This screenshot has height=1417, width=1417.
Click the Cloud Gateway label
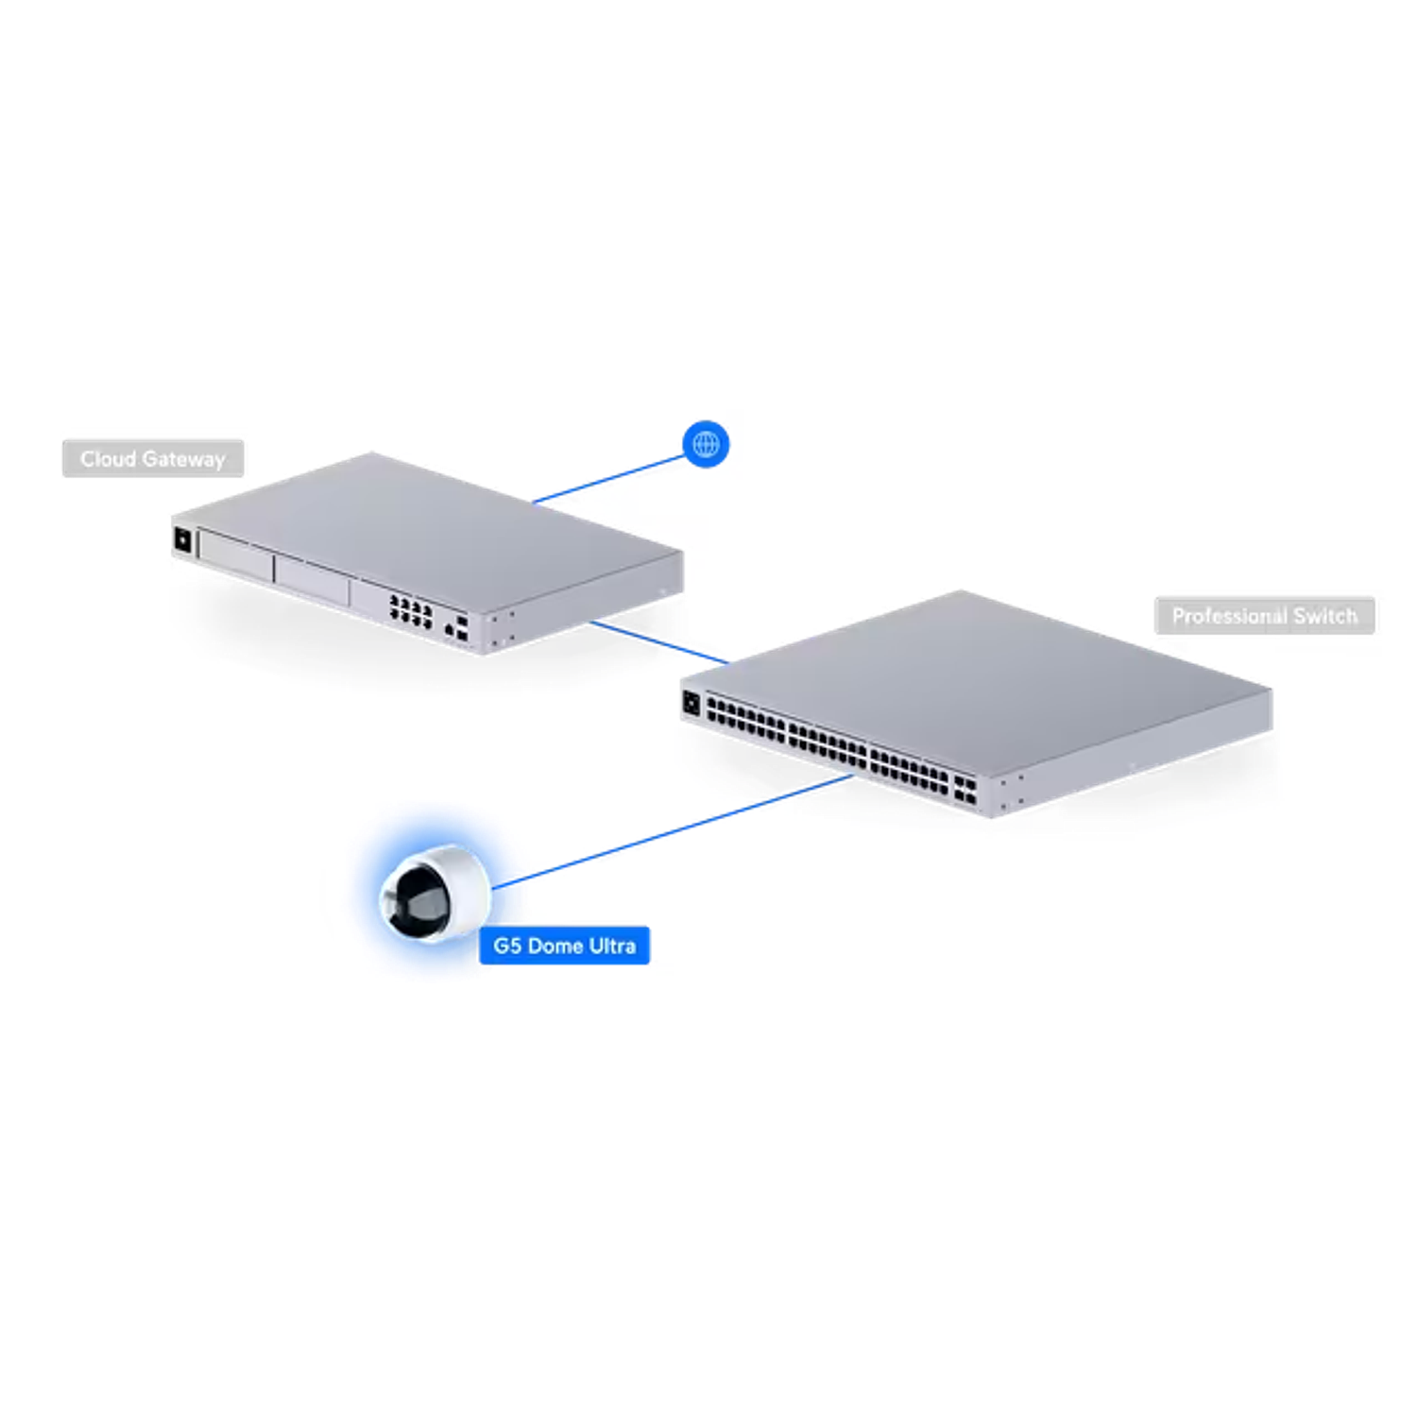[153, 459]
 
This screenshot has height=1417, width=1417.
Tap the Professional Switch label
[1264, 616]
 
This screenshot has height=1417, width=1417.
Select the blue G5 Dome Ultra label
[564, 946]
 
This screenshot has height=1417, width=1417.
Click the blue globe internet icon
[706, 444]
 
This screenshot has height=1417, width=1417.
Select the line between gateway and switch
[659, 642]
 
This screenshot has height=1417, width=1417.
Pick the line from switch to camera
[673, 831]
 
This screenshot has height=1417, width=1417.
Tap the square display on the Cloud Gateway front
[183, 540]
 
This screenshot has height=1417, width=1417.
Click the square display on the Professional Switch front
[691, 704]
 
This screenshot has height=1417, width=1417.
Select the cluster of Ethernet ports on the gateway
[411, 611]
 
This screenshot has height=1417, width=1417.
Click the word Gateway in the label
[184, 460]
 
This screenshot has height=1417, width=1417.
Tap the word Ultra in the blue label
[612, 946]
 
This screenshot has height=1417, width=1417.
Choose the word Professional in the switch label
[1229, 616]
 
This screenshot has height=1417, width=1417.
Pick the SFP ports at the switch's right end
[965, 790]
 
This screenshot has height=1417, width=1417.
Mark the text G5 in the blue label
[507, 946]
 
